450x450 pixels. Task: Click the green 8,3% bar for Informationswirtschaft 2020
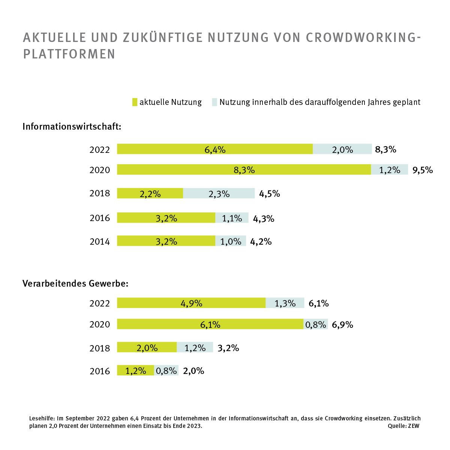[244, 170]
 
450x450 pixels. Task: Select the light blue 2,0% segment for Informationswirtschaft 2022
[342, 149]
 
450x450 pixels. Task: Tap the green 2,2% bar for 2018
[150, 193]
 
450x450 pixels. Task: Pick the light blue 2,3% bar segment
[219, 193]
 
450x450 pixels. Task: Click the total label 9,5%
[423, 170]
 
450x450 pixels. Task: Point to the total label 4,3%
[264, 218]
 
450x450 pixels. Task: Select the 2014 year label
[100, 242]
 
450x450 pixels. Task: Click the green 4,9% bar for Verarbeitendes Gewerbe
[191, 303]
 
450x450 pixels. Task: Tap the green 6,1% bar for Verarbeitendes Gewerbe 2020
[210, 324]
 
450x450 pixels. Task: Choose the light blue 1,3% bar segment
[285, 303]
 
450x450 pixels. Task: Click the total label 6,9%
[343, 324]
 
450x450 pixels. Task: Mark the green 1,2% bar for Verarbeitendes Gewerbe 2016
[135, 371]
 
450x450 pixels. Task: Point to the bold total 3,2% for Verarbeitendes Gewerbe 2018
[228, 348]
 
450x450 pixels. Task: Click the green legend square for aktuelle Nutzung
[135, 102]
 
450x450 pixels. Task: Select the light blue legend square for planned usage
[214, 102]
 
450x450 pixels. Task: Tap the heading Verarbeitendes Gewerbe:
[75, 284]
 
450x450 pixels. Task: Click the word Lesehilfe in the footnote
[42, 418]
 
